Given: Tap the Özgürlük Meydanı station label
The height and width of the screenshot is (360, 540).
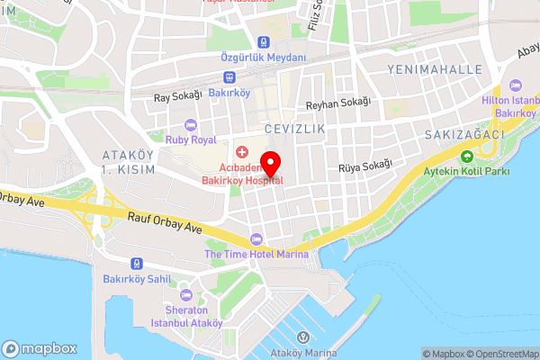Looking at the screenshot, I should coord(264,57).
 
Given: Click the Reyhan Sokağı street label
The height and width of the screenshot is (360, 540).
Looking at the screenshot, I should coord(337,103).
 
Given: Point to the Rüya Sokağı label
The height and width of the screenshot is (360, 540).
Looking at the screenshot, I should coord(365,164).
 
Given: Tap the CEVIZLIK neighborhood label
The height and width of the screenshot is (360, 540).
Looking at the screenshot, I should coord(294,130).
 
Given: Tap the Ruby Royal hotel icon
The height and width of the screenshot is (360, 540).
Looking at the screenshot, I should coord(190,125).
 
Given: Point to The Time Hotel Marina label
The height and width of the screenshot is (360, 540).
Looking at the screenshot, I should coord(256,254).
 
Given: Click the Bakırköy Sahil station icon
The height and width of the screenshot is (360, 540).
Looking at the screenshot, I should coord(136,265).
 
